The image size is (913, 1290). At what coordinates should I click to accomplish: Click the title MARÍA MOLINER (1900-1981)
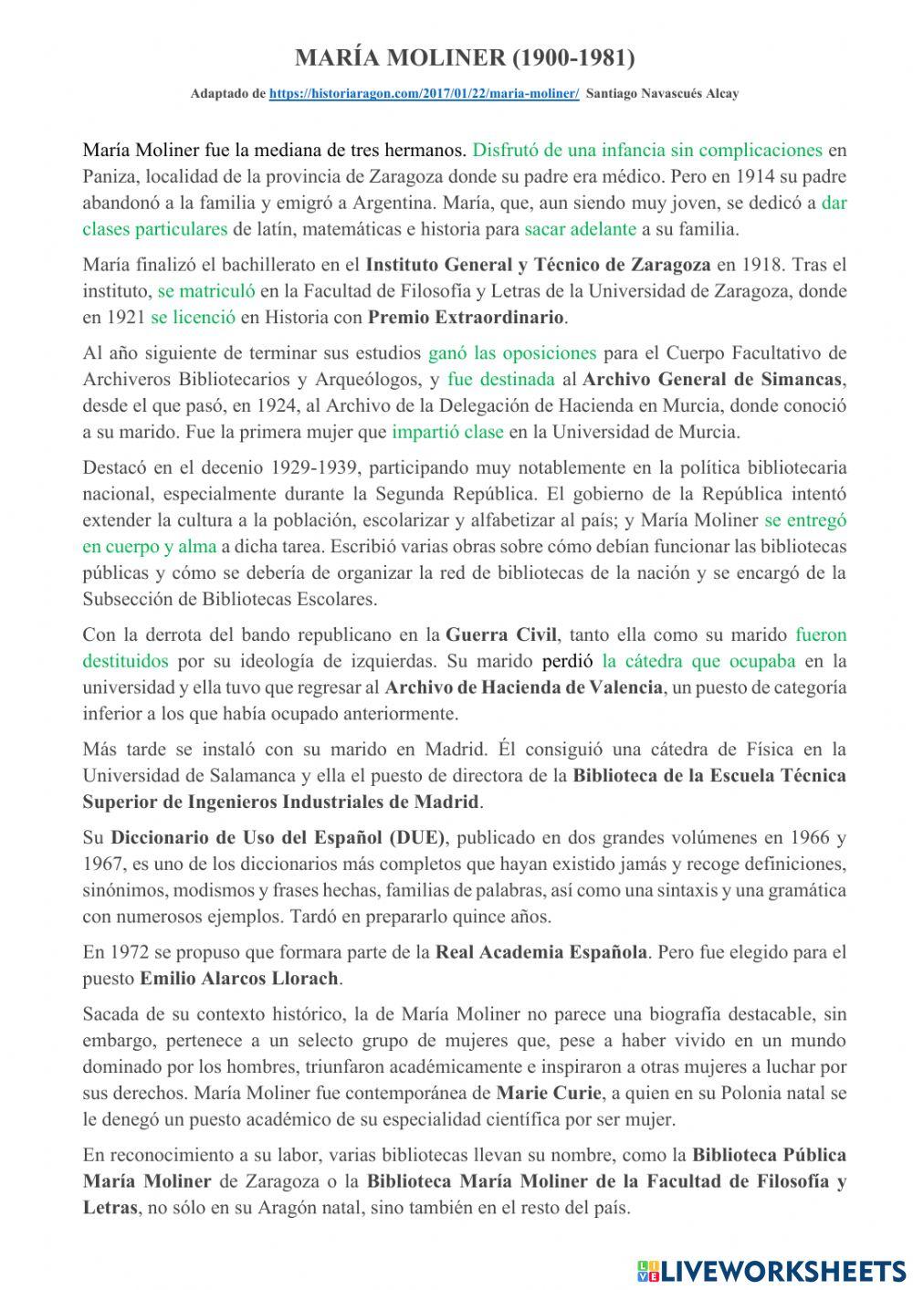tap(465, 58)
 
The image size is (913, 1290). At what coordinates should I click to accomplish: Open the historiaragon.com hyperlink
tap(424, 93)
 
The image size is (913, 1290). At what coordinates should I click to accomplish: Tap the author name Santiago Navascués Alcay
tap(664, 93)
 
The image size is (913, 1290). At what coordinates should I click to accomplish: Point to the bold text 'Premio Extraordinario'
tap(467, 318)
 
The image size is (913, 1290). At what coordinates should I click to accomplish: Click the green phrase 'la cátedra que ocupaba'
tap(698, 661)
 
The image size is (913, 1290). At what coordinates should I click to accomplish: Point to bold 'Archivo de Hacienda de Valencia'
tap(523, 687)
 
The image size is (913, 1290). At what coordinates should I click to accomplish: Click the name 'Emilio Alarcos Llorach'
tap(239, 979)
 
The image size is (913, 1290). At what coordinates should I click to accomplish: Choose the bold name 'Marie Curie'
tap(549, 1093)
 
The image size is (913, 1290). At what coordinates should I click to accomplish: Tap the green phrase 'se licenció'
tap(193, 318)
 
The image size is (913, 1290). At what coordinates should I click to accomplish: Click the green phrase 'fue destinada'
tap(501, 379)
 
